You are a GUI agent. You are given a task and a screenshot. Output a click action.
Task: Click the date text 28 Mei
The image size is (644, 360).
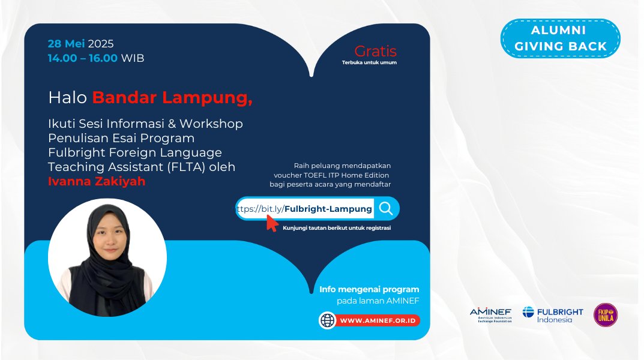(x=67, y=44)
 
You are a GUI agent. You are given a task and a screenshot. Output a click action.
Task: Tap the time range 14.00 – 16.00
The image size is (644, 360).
(x=83, y=58)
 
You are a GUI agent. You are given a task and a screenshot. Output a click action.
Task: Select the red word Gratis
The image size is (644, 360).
(x=375, y=51)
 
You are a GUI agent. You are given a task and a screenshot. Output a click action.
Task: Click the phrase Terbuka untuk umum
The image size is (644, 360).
(x=369, y=62)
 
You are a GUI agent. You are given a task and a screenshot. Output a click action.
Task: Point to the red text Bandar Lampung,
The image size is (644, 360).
(x=172, y=98)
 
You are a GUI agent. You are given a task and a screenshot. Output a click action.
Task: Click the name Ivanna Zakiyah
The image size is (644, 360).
(x=97, y=181)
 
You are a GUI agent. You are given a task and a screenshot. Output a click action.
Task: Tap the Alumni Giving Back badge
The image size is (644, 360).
(x=561, y=38)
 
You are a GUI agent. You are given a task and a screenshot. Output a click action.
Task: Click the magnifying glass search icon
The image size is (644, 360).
(x=386, y=208)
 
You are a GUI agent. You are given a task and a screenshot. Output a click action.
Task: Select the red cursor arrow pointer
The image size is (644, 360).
(x=272, y=223)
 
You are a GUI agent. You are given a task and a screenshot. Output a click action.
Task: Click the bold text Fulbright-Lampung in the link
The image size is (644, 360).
(x=328, y=209)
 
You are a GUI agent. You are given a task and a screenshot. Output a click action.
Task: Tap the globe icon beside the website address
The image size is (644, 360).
(x=328, y=320)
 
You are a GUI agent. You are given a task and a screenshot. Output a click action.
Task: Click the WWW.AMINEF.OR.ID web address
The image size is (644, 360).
(x=378, y=320)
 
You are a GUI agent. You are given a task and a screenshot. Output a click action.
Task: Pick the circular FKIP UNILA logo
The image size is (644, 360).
(x=605, y=315)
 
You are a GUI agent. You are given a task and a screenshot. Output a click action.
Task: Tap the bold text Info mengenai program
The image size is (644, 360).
(x=369, y=289)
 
